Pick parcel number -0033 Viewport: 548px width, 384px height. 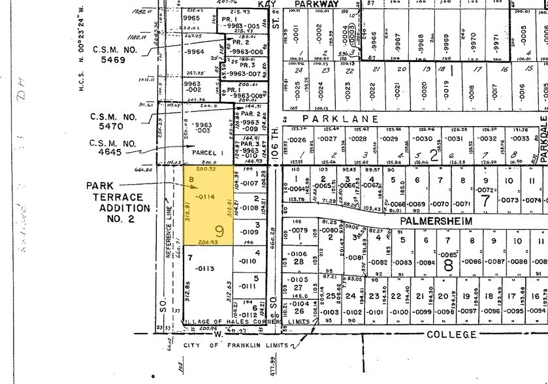point(520,138)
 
